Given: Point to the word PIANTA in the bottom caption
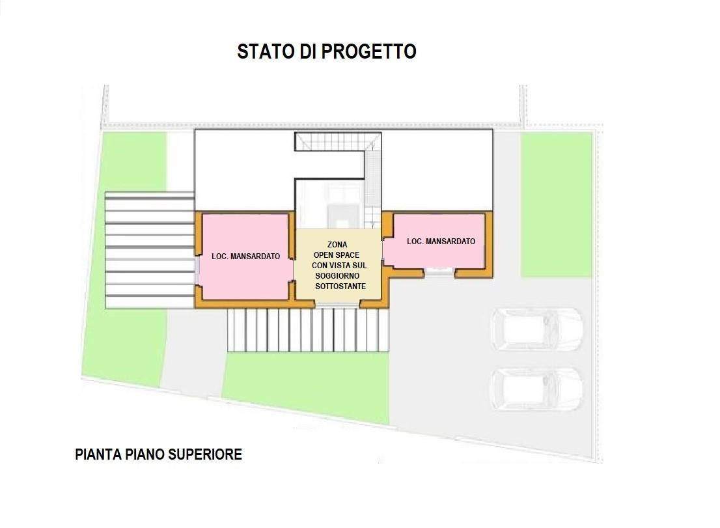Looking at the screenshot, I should click(x=97, y=454).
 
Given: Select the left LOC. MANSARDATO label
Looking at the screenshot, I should click(x=245, y=257).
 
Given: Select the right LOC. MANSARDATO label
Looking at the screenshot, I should click(x=441, y=242).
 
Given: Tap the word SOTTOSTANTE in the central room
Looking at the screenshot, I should click(x=340, y=286).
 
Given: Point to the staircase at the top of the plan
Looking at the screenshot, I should click(x=337, y=141).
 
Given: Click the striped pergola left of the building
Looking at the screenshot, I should click(x=150, y=250).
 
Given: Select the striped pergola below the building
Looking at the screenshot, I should click(x=307, y=330).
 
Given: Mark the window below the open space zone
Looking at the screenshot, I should click(x=337, y=304).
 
